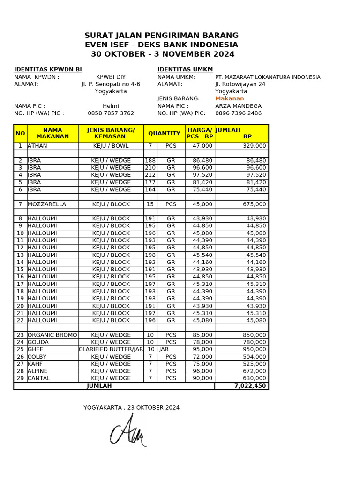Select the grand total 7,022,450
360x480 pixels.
(x=250, y=386)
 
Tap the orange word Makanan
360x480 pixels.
(x=229, y=98)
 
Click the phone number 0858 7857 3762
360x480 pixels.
(x=111, y=113)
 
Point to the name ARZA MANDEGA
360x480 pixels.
(x=238, y=106)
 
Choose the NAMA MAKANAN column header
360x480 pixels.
(x=52, y=133)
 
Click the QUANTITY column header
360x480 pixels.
(x=164, y=133)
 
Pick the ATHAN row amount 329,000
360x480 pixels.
(x=254, y=146)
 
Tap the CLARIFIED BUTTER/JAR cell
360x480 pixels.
(x=111, y=349)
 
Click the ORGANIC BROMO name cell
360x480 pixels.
(x=52, y=335)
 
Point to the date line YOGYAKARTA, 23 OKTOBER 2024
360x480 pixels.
(x=131, y=407)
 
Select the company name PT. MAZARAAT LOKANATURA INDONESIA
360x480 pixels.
(x=268, y=77)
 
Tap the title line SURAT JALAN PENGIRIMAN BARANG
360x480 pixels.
(x=161, y=36)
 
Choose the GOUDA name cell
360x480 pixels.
(x=38, y=342)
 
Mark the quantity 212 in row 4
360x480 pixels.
(x=150, y=175)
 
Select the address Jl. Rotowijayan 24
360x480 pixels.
(x=240, y=84)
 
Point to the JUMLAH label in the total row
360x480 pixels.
(x=99, y=386)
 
